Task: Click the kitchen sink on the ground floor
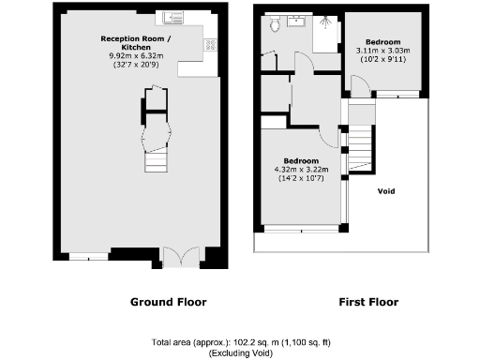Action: [173, 17]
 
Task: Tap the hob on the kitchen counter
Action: [212, 43]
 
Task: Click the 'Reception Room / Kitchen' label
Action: [137, 43]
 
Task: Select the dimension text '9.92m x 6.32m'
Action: [137, 56]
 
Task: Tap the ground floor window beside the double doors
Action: [90, 255]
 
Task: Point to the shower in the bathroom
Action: [328, 23]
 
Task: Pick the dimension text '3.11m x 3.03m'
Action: [382, 51]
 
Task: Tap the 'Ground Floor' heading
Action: [168, 302]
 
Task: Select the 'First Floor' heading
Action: [367, 302]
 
